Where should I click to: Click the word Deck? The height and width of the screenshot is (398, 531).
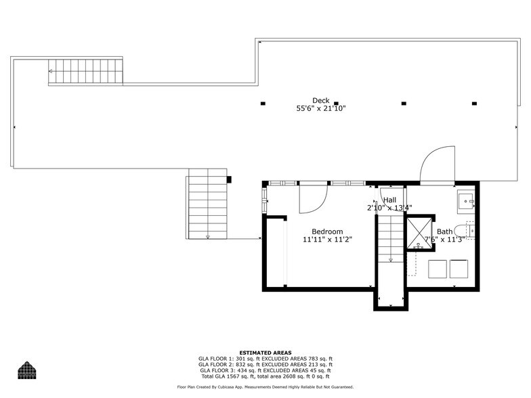pyautogui.click(x=321, y=101)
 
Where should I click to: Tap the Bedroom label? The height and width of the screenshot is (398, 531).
pyautogui.click(x=327, y=231)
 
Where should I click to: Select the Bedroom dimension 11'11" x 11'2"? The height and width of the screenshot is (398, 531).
pyautogui.click(x=328, y=240)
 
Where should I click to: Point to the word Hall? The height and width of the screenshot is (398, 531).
pyautogui.click(x=389, y=200)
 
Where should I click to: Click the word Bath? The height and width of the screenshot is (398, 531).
pyautogui.click(x=444, y=231)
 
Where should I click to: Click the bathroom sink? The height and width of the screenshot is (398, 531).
pyautogui.click(x=465, y=201)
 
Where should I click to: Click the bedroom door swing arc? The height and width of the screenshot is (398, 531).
pyautogui.click(x=314, y=198)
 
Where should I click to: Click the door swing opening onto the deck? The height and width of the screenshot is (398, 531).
pyautogui.click(x=437, y=166)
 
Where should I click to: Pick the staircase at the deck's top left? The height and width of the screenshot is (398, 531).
pyautogui.click(x=85, y=72)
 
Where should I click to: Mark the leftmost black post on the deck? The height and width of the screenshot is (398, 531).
pyautogui.click(x=263, y=104)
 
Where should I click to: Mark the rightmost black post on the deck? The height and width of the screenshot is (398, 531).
pyautogui.click(x=474, y=104)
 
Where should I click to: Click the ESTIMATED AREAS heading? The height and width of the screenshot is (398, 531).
pyautogui.click(x=265, y=353)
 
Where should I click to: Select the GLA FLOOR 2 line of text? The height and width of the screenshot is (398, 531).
pyautogui.click(x=265, y=364)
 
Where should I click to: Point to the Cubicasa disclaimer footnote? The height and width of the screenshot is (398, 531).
pyautogui.click(x=265, y=387)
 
